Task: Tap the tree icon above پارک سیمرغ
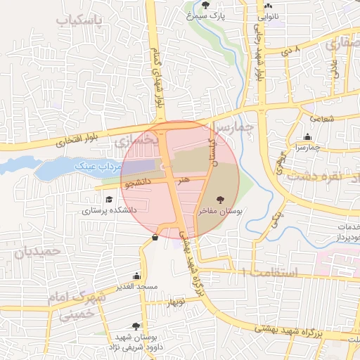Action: click(x=205, y=5)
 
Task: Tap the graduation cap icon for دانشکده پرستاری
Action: click(x=108, y=199)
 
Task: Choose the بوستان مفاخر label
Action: click(x=221, y=210)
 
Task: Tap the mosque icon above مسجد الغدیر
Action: click(x=136, y=276)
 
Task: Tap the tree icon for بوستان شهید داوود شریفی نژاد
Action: click(x=136, y=326)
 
